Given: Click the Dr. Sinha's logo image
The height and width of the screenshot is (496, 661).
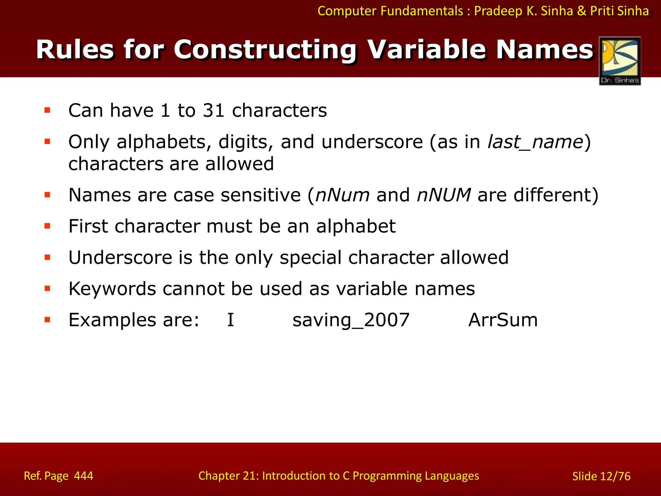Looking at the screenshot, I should coord(620,61).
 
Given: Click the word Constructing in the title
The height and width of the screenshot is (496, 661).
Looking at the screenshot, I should coord(265,50).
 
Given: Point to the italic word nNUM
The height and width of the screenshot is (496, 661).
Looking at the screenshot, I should coord(443,195).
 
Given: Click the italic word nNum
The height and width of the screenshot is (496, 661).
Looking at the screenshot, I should coord(342,195).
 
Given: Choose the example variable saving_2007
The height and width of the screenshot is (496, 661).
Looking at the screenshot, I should coord(351,320).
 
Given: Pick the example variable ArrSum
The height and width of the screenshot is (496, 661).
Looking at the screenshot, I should coord(503,320).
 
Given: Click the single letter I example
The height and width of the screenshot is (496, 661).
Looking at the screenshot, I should coord(230,320).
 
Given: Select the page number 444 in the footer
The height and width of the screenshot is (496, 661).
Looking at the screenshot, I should coord(84,476).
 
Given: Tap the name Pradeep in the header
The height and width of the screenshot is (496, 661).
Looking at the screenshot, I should coord(498,11).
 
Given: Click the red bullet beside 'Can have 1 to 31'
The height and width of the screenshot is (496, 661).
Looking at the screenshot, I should coord(47,110).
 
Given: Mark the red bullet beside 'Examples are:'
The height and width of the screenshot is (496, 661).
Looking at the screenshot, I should coord(47,320).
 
